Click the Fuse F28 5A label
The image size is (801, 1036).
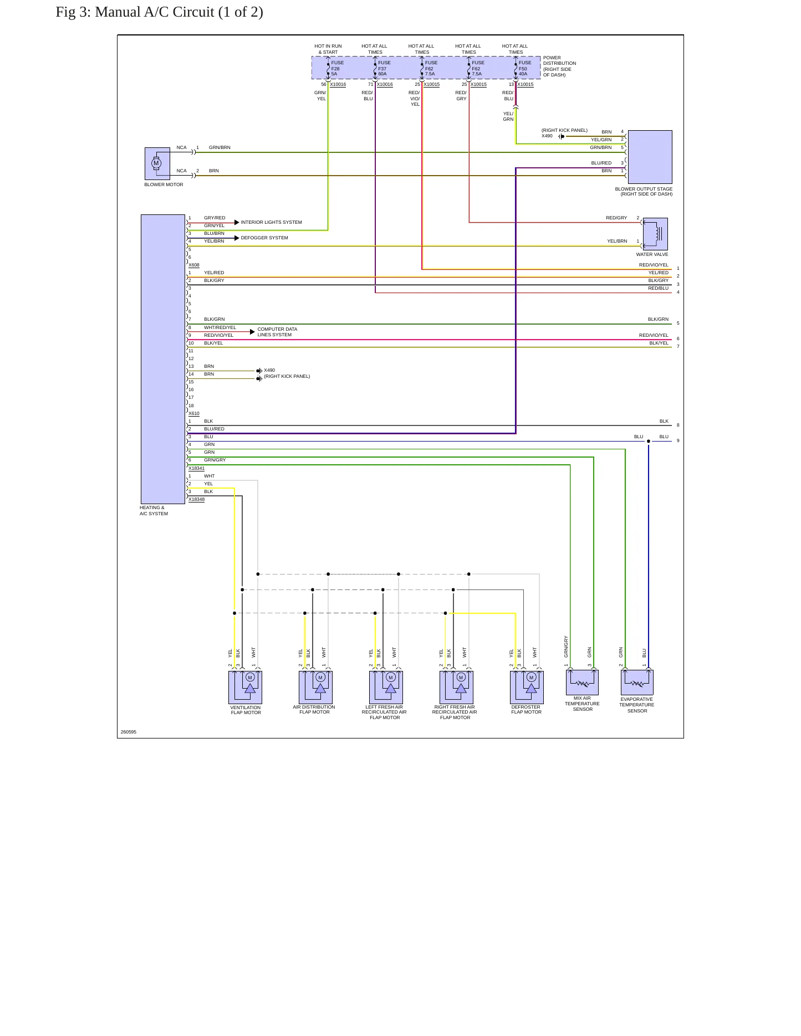click(x=338, y=68)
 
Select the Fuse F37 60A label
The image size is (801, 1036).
click(x=384, y=68)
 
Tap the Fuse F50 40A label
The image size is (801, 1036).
click(x=525, y=68)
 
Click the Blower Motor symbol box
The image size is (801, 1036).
click(x=157, y=163)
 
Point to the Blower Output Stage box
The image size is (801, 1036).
click(x=650, y=157)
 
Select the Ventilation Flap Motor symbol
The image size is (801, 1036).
click(x=245, y=687)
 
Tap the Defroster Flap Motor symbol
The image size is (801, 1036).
click(x=527, y=687)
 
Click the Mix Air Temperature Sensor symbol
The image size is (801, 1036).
click(x=582, y=682)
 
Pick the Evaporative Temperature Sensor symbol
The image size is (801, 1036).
click(x=637, y=682)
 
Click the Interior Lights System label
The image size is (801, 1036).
click(x=272, y=222)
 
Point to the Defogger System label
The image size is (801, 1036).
click(x=264, y=238)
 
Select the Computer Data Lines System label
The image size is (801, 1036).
click(x=277, y=332)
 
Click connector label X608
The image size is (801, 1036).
click(x=194, y=265)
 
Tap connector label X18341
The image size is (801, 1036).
click(x=196, y=468)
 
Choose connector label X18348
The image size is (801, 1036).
click(x=196, y=499)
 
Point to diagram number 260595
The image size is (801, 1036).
click(x=129, y=732)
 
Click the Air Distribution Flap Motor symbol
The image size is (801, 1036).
click(x=315, y=687)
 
